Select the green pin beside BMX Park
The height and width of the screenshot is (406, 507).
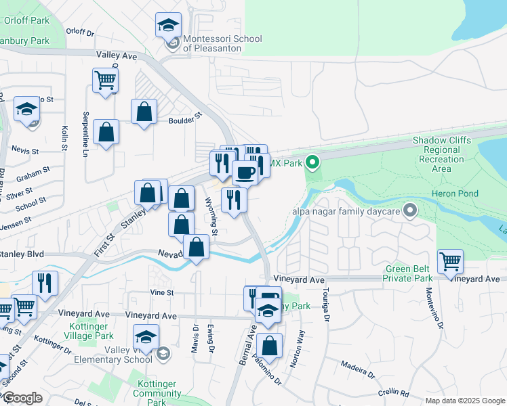pos(312,162)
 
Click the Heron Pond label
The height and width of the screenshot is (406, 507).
pos(455,194)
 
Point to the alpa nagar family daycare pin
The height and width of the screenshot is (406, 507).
pos(409,210)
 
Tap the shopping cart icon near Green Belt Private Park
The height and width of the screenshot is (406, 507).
pos(450,261)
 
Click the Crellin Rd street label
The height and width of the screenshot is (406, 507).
pos(413,392)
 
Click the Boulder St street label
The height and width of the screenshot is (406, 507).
pos(186,118)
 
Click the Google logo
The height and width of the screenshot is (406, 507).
pos(22,398)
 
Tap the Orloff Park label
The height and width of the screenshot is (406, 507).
pos(26,20)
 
